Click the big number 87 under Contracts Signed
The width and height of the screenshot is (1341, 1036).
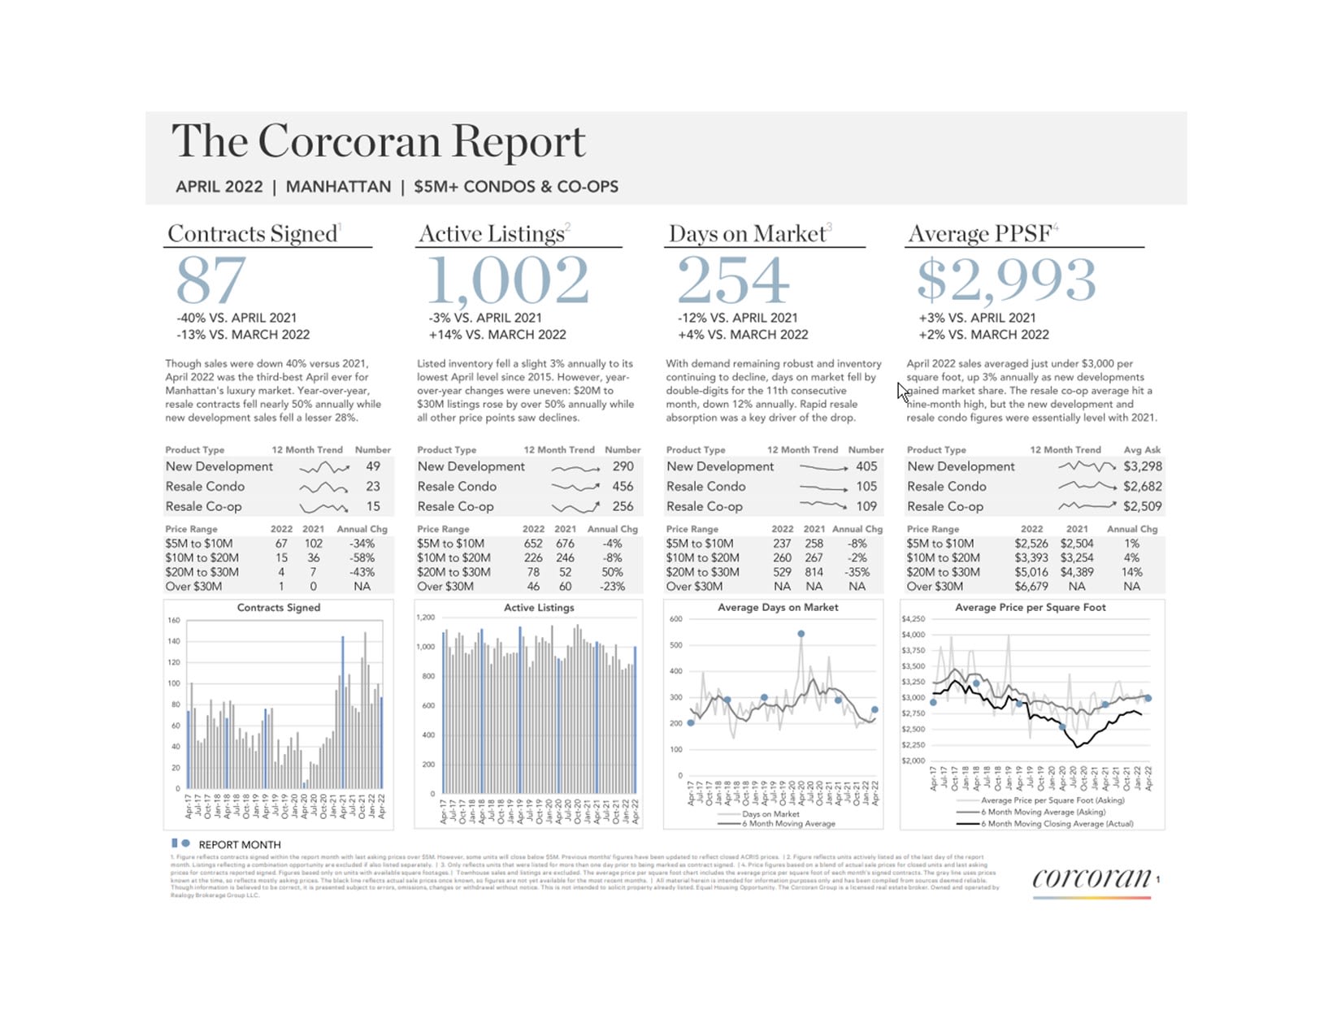[210, 280]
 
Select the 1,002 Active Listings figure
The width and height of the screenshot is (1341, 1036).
[508, 280]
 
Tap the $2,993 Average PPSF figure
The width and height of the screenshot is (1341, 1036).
[1006, 280]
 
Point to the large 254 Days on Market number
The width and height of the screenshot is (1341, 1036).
[732, 280]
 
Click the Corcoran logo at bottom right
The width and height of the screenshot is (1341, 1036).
[1091, 878]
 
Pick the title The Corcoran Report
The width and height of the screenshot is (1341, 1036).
[378, 141]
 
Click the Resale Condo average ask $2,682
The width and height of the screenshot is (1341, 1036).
[1142, 486]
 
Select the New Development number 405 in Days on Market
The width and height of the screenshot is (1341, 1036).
[866, 466]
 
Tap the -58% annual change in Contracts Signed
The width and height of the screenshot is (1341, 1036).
[362, 558]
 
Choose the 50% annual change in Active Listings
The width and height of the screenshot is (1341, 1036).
[612, 572]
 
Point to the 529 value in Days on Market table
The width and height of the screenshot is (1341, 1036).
[782, 572]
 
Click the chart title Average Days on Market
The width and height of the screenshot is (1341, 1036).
[778, 607]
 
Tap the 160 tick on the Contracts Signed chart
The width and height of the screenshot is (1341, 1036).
[174, 621]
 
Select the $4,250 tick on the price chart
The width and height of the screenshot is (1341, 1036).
[914, 619]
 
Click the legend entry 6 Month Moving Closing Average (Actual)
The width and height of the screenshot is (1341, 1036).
[1057, 824]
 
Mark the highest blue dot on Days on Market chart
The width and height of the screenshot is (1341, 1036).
[801, 634]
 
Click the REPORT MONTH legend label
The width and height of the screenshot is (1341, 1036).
[240, 845]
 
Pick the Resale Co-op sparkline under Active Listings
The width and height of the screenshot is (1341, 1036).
[575, 507]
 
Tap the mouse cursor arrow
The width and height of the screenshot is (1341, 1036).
[902, 392]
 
